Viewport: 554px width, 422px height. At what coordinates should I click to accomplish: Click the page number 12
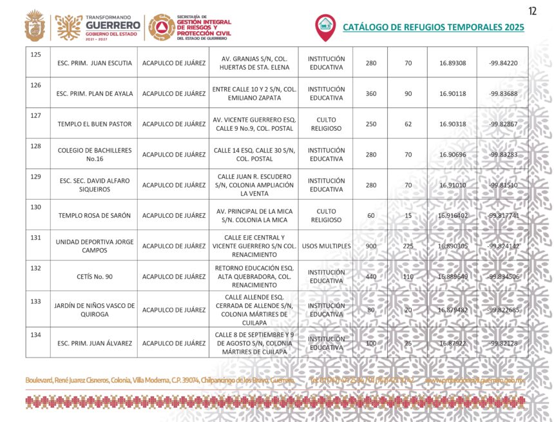pos(533,10)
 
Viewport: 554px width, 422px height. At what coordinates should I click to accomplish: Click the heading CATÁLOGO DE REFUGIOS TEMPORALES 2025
pos(433,27)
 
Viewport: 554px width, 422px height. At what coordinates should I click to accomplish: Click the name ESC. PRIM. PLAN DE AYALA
pos(94,93)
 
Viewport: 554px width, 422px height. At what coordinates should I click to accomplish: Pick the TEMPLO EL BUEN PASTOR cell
pos(94,124)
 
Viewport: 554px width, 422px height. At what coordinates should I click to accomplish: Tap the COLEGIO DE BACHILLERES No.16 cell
pos(94,155)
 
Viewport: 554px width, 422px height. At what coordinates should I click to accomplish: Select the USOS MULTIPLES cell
pos(326,246)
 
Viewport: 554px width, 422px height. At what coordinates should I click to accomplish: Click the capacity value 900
pos(371,246)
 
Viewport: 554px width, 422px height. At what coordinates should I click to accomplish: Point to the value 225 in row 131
pos(408,246)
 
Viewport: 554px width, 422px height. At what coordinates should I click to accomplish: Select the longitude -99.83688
pos(503,93)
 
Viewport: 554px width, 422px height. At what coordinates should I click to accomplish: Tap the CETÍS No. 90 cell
pos(94,276)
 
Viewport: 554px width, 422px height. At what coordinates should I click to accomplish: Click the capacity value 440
pos(371,276)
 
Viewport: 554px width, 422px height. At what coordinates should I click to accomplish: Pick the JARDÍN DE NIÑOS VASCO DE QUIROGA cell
pos(94,310)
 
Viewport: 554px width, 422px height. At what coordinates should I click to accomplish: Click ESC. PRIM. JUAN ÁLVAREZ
pos(94,343)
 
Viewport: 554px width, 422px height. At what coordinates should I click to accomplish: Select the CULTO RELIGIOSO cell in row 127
pos(326,124)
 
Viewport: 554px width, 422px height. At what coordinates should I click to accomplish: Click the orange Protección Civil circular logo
pos(161,27)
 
